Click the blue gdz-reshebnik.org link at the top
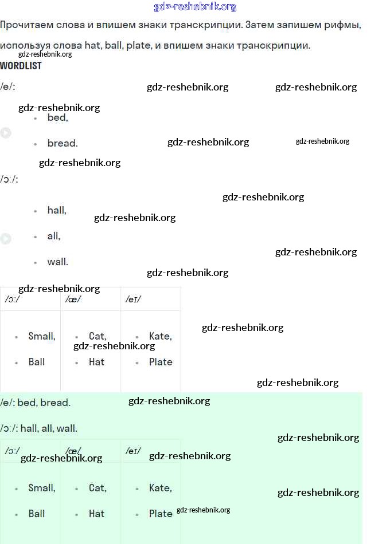tap(195, 7)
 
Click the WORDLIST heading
tap(21, 66)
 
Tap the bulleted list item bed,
tap(57, 117)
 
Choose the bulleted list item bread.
tap(62, 143)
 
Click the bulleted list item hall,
tap(57, 210)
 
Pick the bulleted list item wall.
tap(57, 262)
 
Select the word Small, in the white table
tap(42, 336)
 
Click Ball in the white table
tap(37, 362)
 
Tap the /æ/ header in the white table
tap(73, 299)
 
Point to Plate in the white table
tap(161, 362)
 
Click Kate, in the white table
tap(160, 336)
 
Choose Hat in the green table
tap(96, 514)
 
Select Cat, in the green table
tap(97, 488)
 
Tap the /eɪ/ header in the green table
tap(133, 451)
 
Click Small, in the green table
tap(42, 488)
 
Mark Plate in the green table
tap(161, 514)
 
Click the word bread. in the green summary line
tap(55, 403)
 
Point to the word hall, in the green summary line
tap(29, 428)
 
